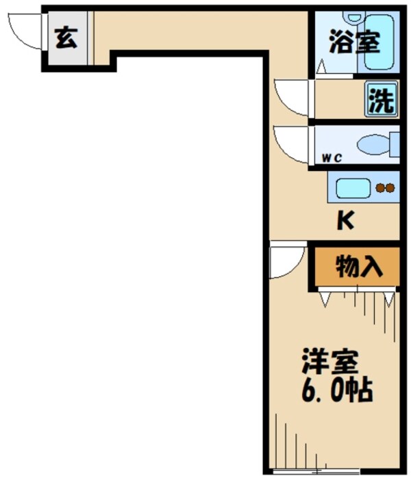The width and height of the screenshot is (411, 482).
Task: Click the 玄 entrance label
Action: tap(66, 39)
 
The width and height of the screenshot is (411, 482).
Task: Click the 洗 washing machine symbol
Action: tap(382, 101)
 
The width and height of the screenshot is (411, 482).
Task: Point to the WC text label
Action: tap(332, 158)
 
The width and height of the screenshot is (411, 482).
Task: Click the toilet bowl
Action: tap(373, 144)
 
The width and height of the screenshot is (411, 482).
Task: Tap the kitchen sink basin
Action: tap(352, 187)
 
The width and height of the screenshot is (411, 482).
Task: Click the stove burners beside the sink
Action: tap(385, 187)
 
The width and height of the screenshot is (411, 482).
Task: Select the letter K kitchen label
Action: tap(347, 222)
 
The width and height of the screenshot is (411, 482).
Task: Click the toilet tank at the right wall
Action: tap(394, 144)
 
